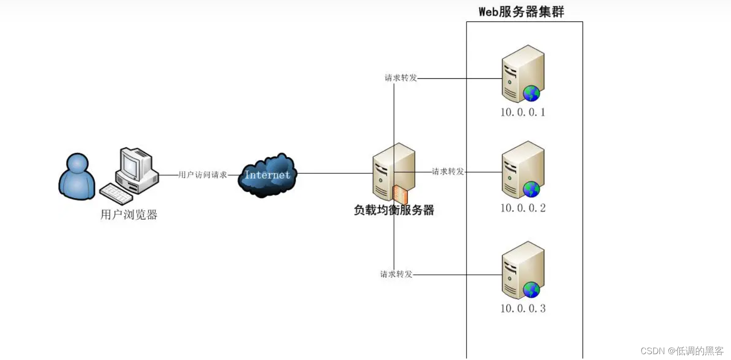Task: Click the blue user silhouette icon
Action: (76, 177)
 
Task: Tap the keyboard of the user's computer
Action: (116, 194)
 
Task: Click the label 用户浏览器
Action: (129, 215)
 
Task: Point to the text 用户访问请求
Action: (202, 175)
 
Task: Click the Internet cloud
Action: (267, 175)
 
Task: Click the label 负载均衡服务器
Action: (393, 211)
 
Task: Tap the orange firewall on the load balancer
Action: (400, 195)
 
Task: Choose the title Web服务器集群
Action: (521, 12)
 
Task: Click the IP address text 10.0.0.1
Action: (523, 112)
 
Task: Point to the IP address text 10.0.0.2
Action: (523, 208)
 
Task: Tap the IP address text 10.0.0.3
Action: (523, 308)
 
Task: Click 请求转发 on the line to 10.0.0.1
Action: (401, 78)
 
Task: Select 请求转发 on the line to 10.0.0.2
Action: (448, 171)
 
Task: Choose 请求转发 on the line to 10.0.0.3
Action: (396, 274)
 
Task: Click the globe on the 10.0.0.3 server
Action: (531, 290)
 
